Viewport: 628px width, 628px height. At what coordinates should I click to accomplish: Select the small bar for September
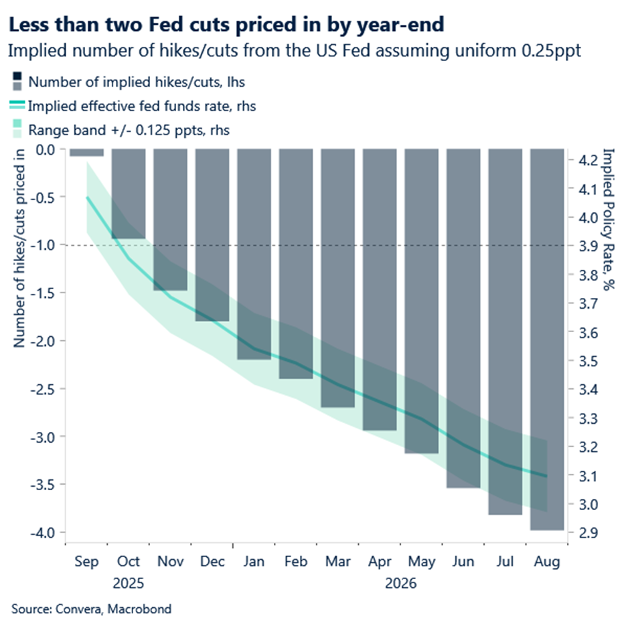pos(86,153)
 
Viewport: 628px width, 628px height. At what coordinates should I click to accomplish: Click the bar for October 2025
pos(129,193)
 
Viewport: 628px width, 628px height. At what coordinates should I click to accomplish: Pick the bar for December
pos(212,234)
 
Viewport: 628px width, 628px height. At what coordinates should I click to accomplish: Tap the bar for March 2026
pos(338,277)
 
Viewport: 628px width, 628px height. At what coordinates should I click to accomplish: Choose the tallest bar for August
pos(548,339)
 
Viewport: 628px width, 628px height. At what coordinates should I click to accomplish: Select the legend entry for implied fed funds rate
pos(141,106)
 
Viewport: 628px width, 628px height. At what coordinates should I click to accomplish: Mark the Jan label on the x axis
pos(254,562)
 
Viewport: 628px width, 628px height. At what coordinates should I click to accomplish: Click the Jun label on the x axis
pos(463,562)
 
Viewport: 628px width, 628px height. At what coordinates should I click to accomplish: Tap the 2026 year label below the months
pos(400,584)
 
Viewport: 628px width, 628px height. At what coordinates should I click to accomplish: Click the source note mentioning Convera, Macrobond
pos(92,609)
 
